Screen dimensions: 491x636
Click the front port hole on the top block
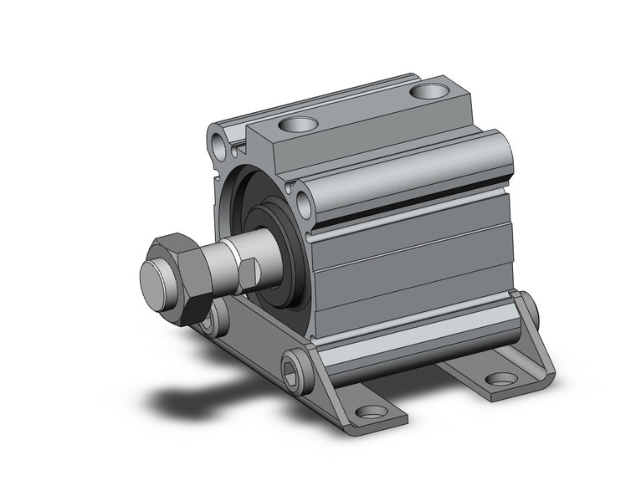[299, 126]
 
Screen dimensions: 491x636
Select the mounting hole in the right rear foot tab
[501, 379]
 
